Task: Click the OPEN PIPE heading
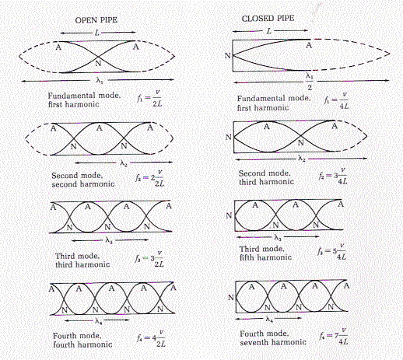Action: coord(96,20)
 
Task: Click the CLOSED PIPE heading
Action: coord(268,19)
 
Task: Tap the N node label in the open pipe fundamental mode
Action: coord(98,63)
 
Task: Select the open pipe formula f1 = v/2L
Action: coord(149,99)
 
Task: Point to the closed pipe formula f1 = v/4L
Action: coord(336,101)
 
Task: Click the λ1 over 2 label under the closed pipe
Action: coord(310,81)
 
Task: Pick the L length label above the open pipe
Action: coord(97,33)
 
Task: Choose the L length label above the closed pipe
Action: coord(269,31)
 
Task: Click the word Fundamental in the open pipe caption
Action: coord(68,96)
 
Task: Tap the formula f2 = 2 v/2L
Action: coord(150,178)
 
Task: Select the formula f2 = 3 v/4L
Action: coord(333,176)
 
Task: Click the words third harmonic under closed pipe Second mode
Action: coord(266,182)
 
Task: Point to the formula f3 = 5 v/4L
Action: coord(332,252)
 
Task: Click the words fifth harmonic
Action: coord(265,257)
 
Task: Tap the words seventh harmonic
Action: coord(273,342)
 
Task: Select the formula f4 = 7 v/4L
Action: coord(334,337)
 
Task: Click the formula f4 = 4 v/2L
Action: coord(151,339)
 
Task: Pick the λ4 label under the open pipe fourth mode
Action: coord(98,321)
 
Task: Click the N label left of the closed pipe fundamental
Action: coord(227,55)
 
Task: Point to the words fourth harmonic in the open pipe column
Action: coord(82,344)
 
